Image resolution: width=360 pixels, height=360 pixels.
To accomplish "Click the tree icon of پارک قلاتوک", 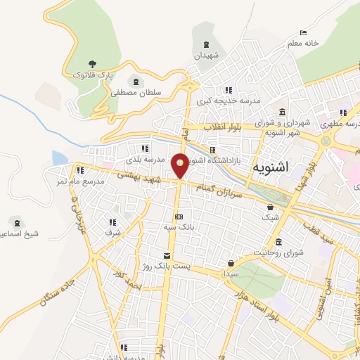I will [94, 64].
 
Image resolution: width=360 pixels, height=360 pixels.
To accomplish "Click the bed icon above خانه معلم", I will [303, 32].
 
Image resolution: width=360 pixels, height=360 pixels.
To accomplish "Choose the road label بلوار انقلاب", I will [223, 127].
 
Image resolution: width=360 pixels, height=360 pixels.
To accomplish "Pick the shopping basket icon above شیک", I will [270, 207].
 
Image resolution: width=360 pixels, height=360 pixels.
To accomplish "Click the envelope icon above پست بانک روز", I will [167, 256].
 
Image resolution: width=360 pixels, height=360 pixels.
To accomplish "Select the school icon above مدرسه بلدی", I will [145, 148].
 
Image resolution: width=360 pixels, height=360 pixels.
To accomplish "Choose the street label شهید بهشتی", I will [139, 180].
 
